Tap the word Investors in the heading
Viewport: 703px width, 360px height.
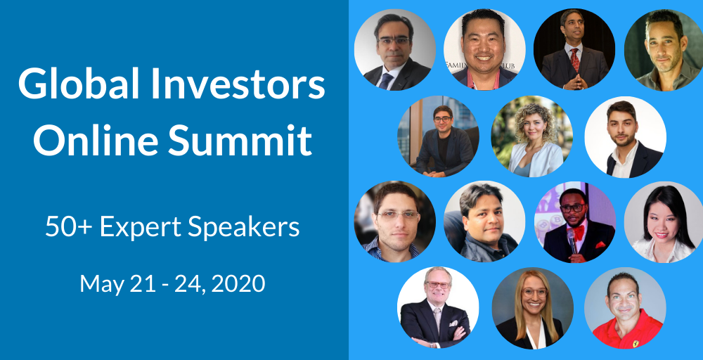[238, 85]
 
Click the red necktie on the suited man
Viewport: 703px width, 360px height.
[574, 60]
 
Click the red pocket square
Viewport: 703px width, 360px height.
[600, 245]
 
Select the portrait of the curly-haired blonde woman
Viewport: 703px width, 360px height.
[531, 136]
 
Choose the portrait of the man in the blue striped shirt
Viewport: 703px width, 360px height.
[394, 221]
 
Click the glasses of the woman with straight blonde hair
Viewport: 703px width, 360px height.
[534, 292]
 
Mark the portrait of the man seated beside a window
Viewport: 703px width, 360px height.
[438, 136]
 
